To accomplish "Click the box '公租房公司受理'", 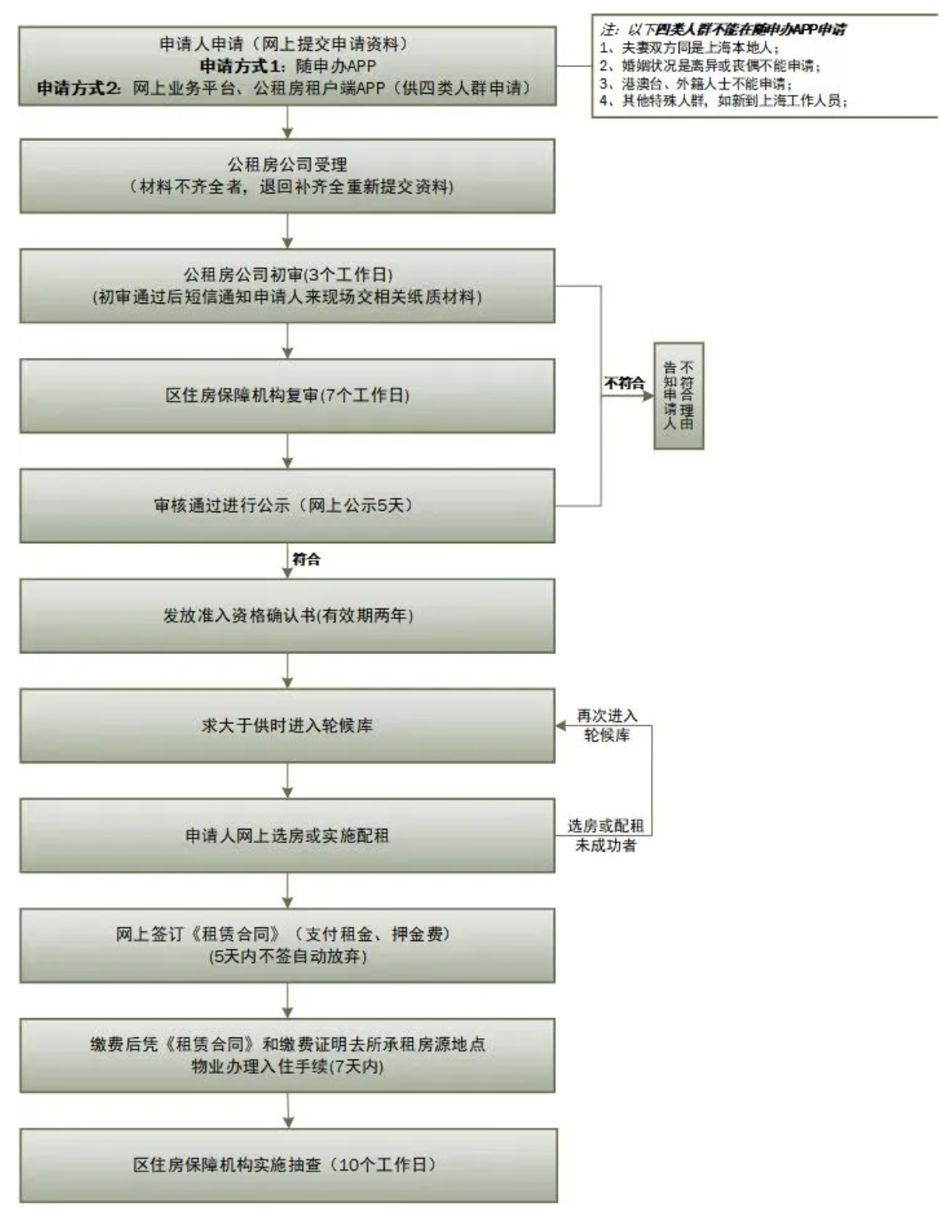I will coord(287,176).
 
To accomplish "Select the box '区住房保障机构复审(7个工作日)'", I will coord(287,395).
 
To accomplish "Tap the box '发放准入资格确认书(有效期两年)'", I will coord(287,615).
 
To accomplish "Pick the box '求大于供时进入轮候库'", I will coord(287,725).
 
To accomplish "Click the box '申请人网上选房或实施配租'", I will coord(287,835).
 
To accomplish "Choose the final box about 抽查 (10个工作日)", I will coord(287,1164).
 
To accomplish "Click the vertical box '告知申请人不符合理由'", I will coord(679,395).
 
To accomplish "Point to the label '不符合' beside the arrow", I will coord(625,383).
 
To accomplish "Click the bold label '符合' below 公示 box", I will coord(306,559).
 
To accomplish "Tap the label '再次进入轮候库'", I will coord(607,726).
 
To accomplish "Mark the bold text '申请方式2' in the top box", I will coord(79,88).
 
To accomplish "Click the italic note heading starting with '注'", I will coord(722,30).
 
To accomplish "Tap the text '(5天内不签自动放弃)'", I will coord(287,956).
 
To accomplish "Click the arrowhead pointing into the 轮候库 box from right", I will coord(561,726).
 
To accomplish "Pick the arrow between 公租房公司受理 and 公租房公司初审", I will coord(287,231).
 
